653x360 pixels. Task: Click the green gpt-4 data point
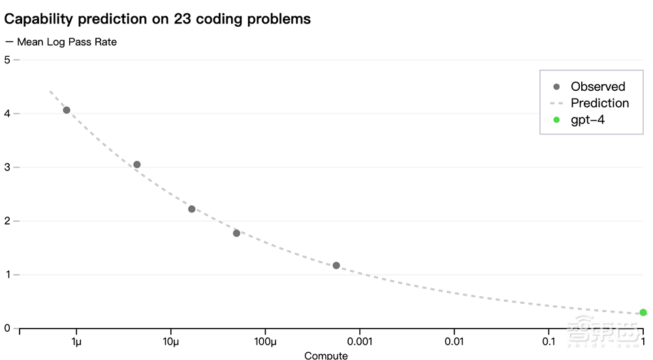click(643, 312)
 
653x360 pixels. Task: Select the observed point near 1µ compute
click(67, 110)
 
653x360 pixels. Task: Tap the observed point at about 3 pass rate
click(137, 165)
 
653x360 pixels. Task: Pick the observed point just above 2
click(192, 209)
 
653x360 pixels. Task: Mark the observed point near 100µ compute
click(236, 233)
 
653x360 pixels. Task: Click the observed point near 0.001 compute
click(336, 265)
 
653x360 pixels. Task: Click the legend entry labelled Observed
click(597, 86)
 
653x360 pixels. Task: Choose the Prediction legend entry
click(599, 103)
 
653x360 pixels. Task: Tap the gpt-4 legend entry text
click(588, 120)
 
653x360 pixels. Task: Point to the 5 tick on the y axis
click(7, 59)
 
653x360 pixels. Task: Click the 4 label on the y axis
click(7, 114)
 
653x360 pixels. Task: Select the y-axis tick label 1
click(7, 274)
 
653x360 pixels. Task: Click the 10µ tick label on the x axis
click(171, 342)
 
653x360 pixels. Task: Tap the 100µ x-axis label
click(265, 342)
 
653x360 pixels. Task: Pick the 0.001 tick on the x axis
click(360, 342)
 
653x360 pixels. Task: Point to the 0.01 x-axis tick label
click(454, 342)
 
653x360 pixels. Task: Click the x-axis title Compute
click(326, 355)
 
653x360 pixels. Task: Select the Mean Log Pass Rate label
click(67, 42)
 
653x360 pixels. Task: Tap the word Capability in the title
click(39, 18)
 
